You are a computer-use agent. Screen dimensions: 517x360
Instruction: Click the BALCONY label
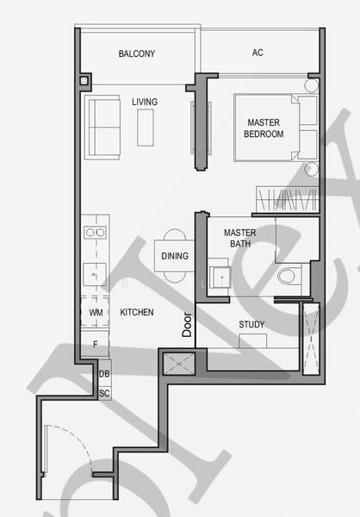(x=137, y=53)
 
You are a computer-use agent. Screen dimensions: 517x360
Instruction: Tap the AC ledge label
(x=258, y=53)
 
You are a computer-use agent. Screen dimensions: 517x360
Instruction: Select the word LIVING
(x=145, y=103)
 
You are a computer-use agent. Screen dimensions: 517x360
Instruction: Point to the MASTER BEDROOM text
(x=264, y=128)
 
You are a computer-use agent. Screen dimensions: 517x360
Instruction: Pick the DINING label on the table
(x=175, y=256)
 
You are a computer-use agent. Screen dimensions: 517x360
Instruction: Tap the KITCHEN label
(x=137, y=312)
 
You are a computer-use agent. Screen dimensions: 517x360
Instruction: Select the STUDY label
(x=252, y=325)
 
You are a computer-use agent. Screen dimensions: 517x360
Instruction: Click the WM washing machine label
(x=95, y=312)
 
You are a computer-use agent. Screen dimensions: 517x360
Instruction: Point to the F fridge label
(x=95, y=344)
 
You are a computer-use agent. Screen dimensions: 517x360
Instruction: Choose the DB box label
(x=104, y=373)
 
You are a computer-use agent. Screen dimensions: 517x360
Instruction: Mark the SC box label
(x=104, y=393)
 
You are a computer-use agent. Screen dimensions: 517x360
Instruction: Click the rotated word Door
(x=187, y=324)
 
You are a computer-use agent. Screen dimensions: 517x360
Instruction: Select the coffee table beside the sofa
(x=145, y=127)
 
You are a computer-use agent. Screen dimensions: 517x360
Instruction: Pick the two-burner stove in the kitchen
(x=94, y=232)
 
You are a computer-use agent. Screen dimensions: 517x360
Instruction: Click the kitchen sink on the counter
(x=94, y=274)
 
